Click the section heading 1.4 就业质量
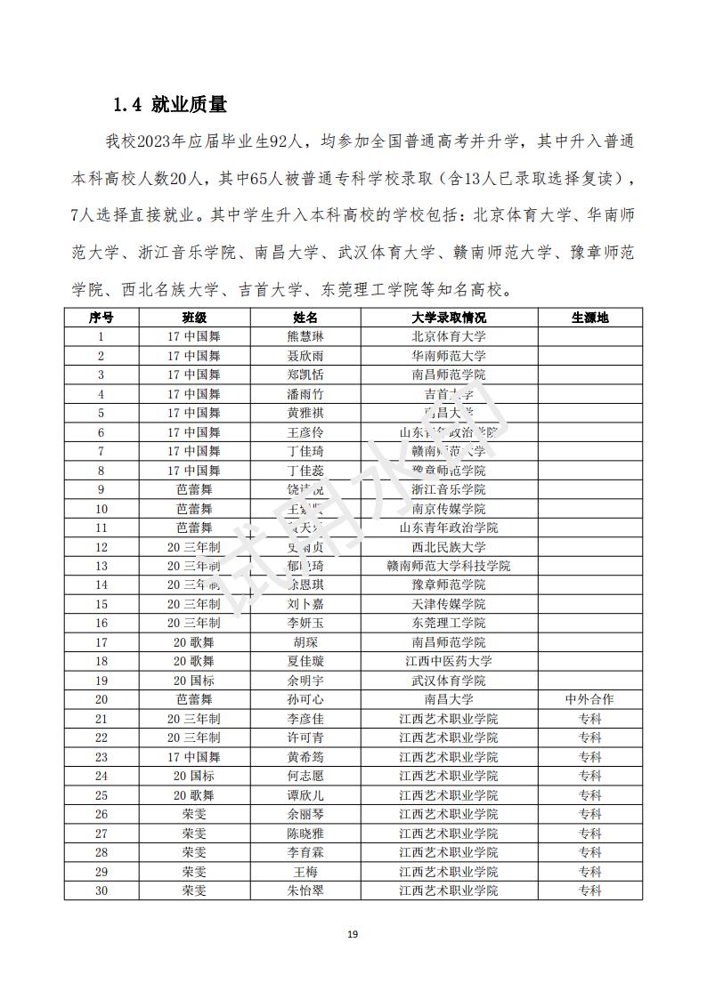[x=169, y=105]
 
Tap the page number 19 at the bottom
[x=353, y=934]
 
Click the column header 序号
[x=101, y=318]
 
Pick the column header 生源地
[x=589, y=318]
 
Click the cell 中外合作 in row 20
[x=589, y=699]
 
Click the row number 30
[x=101, y=890]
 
